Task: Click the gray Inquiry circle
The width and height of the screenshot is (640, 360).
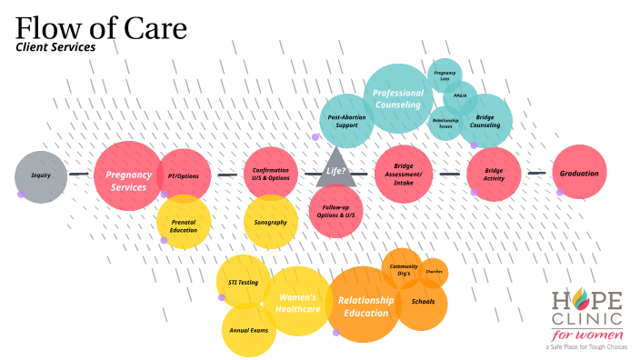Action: tap(41, 175)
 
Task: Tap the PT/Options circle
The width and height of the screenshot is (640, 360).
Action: tap(183, 175)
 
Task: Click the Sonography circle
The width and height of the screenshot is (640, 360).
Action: tap(271, 223)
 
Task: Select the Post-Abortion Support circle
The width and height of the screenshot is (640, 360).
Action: tap(345, 123)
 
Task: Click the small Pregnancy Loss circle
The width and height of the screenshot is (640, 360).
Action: tap(445, 75)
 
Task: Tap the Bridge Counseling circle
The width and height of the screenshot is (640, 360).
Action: tap(485, 120)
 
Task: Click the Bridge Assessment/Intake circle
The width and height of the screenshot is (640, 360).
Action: tap(403, 174)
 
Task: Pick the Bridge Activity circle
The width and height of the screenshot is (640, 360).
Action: tap(494, 175)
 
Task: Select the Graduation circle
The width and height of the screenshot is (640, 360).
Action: tap(579, 173)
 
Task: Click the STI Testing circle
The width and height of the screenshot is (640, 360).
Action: tap(244, 282)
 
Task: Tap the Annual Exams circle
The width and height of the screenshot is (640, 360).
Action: tap(249, 329)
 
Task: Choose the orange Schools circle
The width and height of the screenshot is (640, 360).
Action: tap(423, 302)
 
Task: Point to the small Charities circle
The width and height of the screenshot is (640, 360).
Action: tap(434, 271)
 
